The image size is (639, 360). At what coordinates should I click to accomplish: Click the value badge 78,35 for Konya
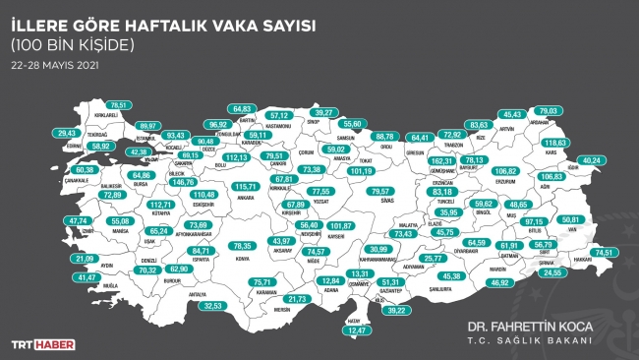[239, 245]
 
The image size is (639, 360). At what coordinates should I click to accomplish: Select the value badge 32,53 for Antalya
[208, 306]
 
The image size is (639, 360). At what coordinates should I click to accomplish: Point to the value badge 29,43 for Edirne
[67, 133]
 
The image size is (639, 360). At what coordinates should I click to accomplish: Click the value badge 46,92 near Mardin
[499, 282]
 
